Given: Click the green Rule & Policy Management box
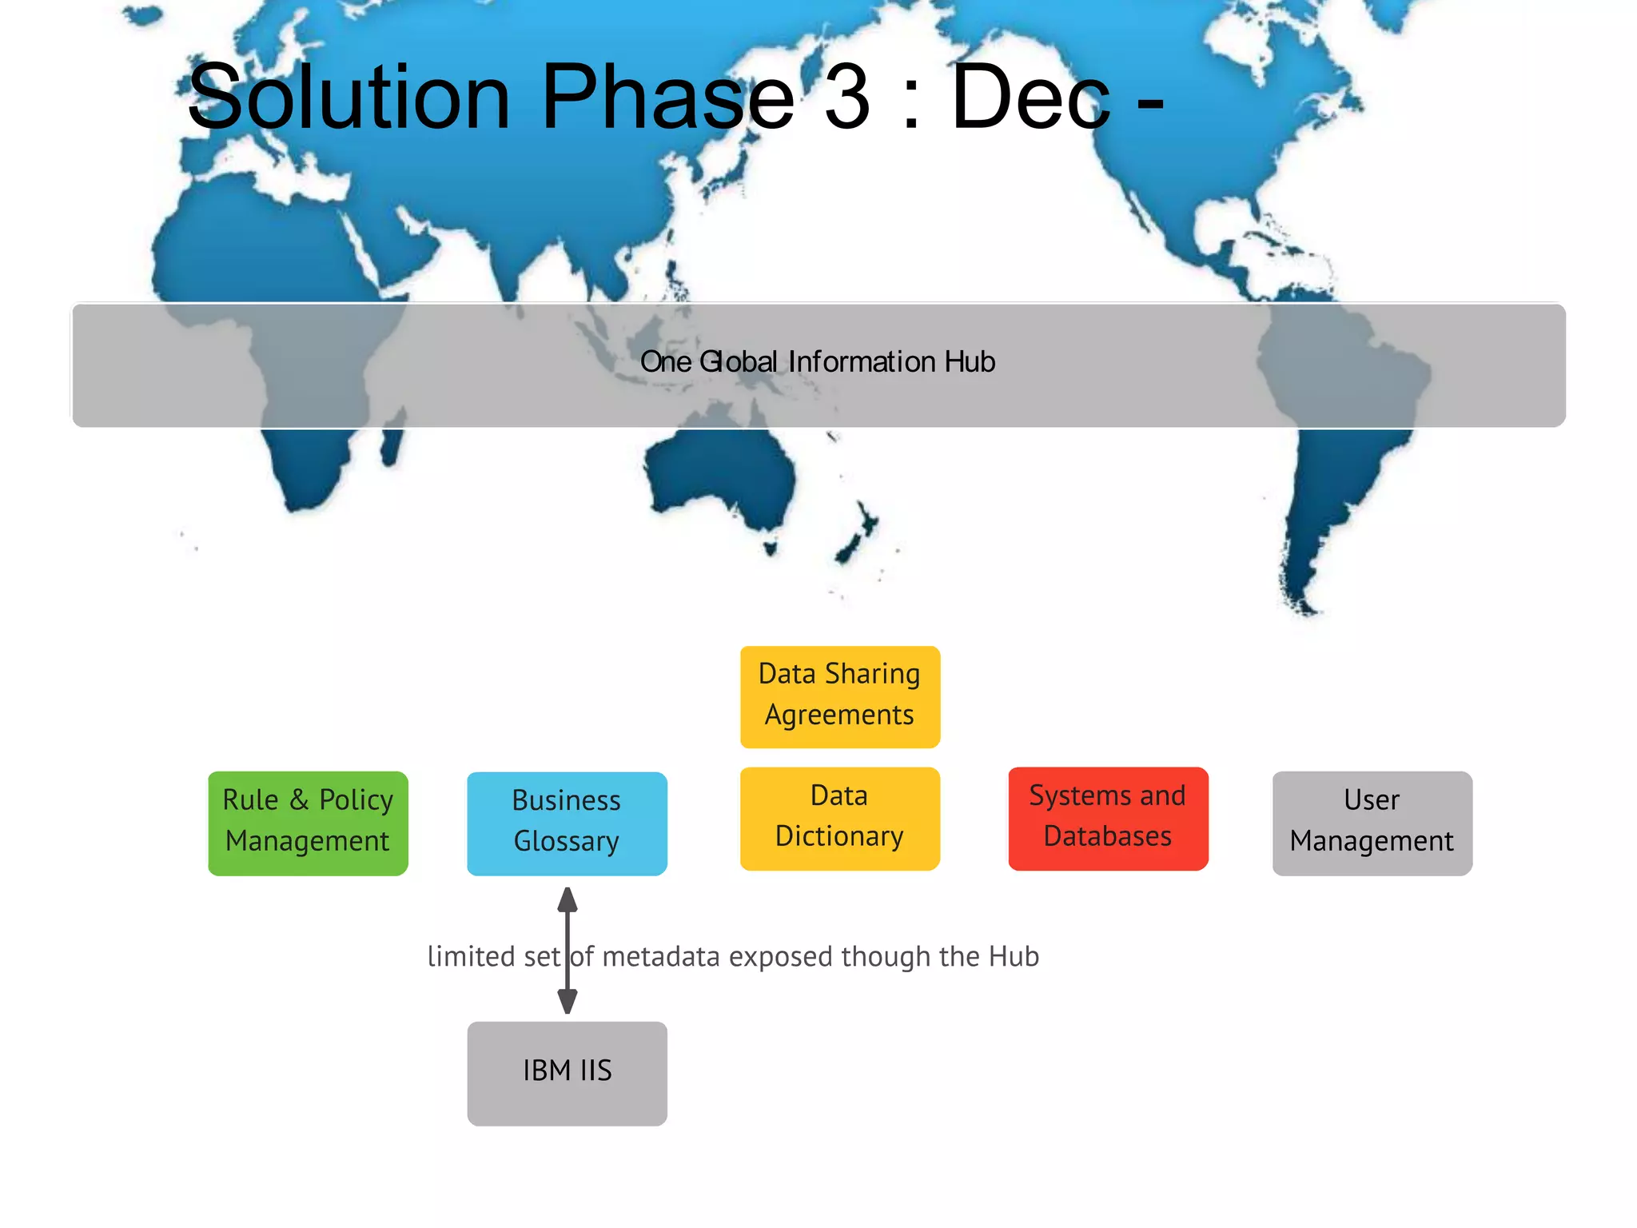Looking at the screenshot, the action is click(x=308, y=823).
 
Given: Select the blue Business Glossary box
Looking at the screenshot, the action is click(x=567, y=823).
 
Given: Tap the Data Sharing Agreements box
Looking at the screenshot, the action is click(x=839, y=696).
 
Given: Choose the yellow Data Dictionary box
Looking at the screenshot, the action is click(x=839, y=818).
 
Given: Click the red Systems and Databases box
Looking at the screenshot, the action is click(x=1108, y=818).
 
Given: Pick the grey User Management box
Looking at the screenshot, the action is click(x=1372, y=823).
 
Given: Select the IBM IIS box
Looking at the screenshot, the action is click(x=567, y=1073).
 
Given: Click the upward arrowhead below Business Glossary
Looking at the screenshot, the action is click(x=568, y=900).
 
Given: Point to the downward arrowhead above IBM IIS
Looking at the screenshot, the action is click(x=568, y=1001).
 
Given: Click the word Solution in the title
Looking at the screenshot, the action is click(x=349, y=98).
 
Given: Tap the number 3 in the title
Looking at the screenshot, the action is click(x=846, y=98).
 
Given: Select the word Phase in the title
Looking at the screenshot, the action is click(x=667, y=98).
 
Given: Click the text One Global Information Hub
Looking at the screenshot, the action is click(x=818, y=362).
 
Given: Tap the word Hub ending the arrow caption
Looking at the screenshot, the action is click(x=1014, y=956).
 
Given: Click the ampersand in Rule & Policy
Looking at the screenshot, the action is click(x=299, y=800).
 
